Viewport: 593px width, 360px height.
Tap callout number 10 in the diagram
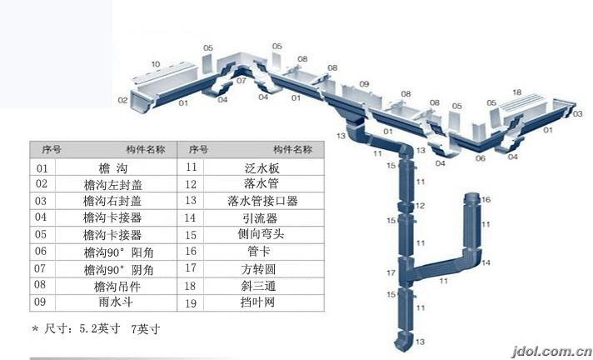point(156,64)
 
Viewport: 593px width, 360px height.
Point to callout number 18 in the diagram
point(516,92)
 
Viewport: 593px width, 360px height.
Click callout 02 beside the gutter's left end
point(122,100)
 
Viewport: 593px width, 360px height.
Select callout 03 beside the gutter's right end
point(578,112)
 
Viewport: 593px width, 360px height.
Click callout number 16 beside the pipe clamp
point(487,199)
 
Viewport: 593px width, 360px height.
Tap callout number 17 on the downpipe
point(390,272)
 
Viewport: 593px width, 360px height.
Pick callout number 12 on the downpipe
point(421,205)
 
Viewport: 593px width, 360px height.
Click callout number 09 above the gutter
point(364,84)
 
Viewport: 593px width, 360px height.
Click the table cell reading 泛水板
point(250,167)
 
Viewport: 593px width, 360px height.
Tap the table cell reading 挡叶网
point(250,302)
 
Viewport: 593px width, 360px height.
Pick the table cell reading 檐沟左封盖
point(112,183)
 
